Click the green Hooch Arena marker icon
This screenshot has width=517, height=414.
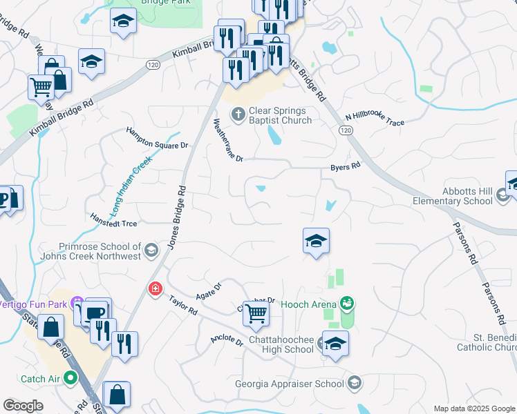tap(346, 303)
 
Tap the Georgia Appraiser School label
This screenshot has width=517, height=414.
tap(290, 384)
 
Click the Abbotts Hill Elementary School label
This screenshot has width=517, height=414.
tap(464, 196)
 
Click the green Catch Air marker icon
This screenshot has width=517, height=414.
tap(70, 377)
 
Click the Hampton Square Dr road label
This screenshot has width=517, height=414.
tap(157, 137)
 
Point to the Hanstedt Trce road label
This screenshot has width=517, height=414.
tap(114, 219)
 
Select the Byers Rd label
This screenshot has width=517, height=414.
tap(346, 167)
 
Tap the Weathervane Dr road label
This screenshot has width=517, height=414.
tap(228, 140)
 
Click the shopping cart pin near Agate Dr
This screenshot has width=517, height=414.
tap(256, 313)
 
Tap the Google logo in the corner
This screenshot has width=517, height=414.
tap(23, 406)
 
